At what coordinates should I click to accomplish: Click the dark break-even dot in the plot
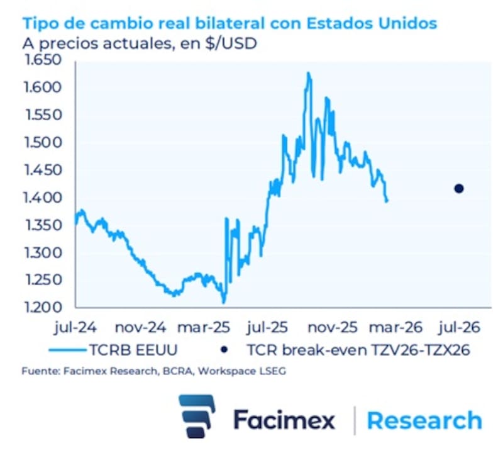tap(459, 189)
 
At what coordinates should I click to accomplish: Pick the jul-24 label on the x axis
tap(75, 328)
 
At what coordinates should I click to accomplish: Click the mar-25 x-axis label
tap(202, 328)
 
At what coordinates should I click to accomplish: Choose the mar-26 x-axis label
tap(394, 328)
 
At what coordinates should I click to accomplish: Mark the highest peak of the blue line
tap(308, 73)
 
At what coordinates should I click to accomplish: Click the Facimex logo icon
tap(197, 416)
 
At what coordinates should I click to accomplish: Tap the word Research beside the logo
tap(424, 420)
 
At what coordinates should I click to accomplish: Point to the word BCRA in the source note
tap(173, 372)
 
